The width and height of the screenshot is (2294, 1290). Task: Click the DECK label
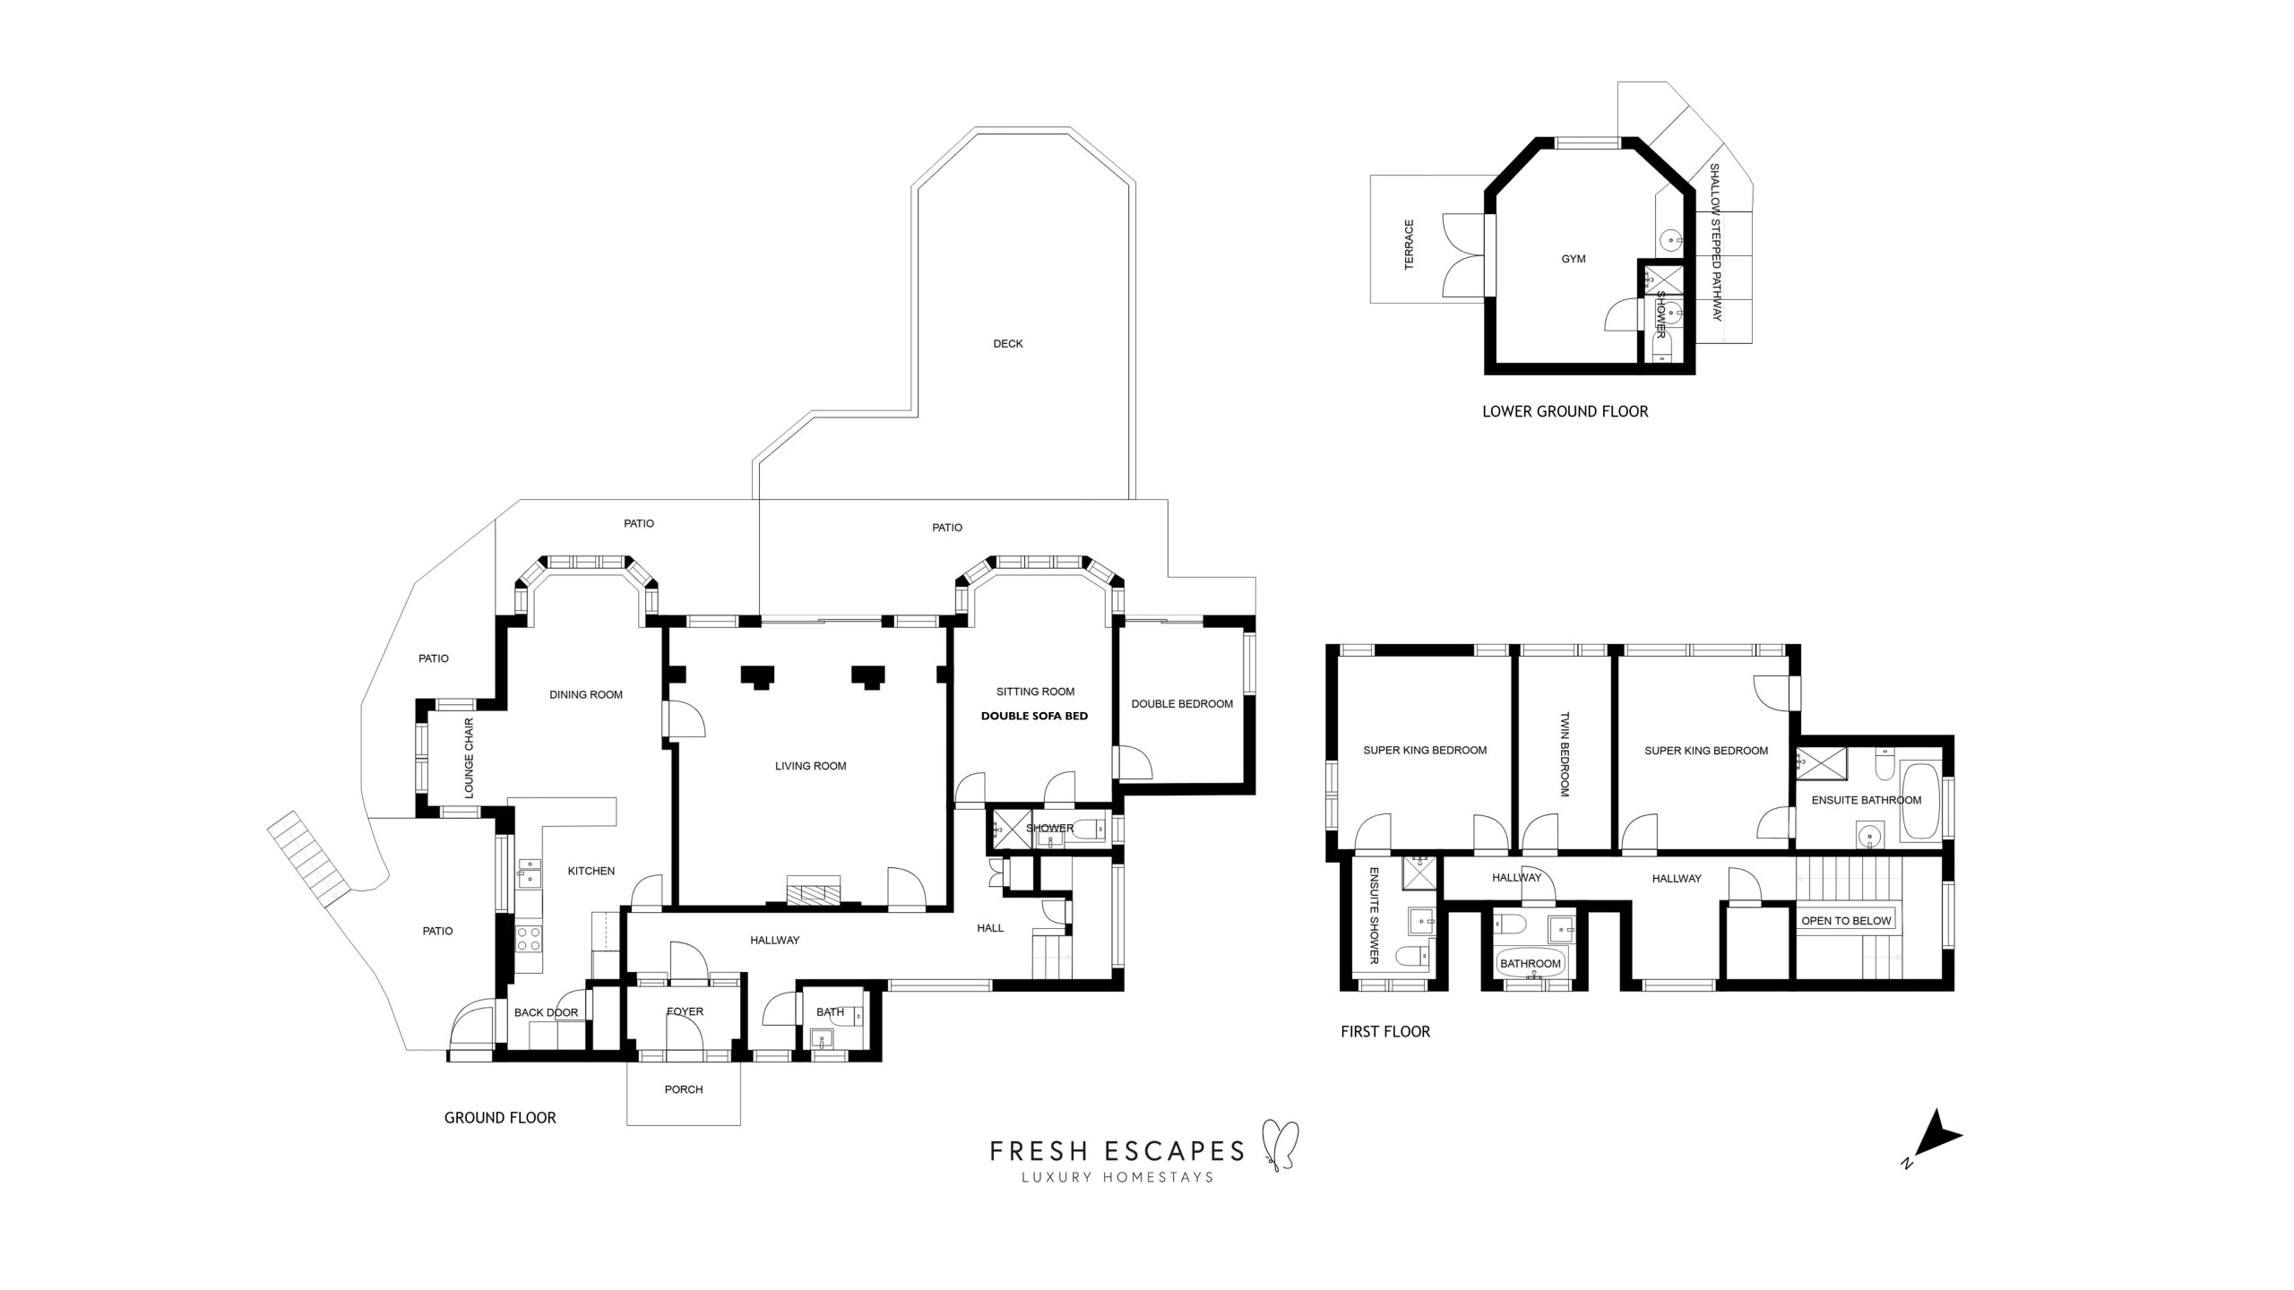coord(1007,344)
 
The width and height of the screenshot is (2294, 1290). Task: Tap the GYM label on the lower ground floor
coord(1574,259)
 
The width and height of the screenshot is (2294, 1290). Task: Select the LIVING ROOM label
coord(810,766)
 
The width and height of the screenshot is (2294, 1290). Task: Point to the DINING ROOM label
coord(586,694)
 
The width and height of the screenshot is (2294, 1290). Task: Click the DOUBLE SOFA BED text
coord(1034,716)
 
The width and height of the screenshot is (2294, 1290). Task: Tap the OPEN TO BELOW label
coord(1846,921)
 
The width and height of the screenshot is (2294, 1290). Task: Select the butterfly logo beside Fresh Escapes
coord(1280,1146)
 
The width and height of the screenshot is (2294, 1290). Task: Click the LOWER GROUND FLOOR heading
coord(1565,412)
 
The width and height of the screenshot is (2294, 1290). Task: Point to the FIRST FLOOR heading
coord(1385,1032)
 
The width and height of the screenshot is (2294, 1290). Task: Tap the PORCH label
coord(684,1089)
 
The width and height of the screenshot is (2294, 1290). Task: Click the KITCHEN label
coord(591,871)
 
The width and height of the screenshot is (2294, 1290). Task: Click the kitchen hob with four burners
coord(529,938)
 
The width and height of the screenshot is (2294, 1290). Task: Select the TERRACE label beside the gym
coord(1410,245)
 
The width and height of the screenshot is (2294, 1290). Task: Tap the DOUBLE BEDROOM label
coord(1182,704)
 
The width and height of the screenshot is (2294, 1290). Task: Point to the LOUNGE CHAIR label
coord(469,758)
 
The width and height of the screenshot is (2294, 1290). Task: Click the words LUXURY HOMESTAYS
coord(1117,1177)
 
